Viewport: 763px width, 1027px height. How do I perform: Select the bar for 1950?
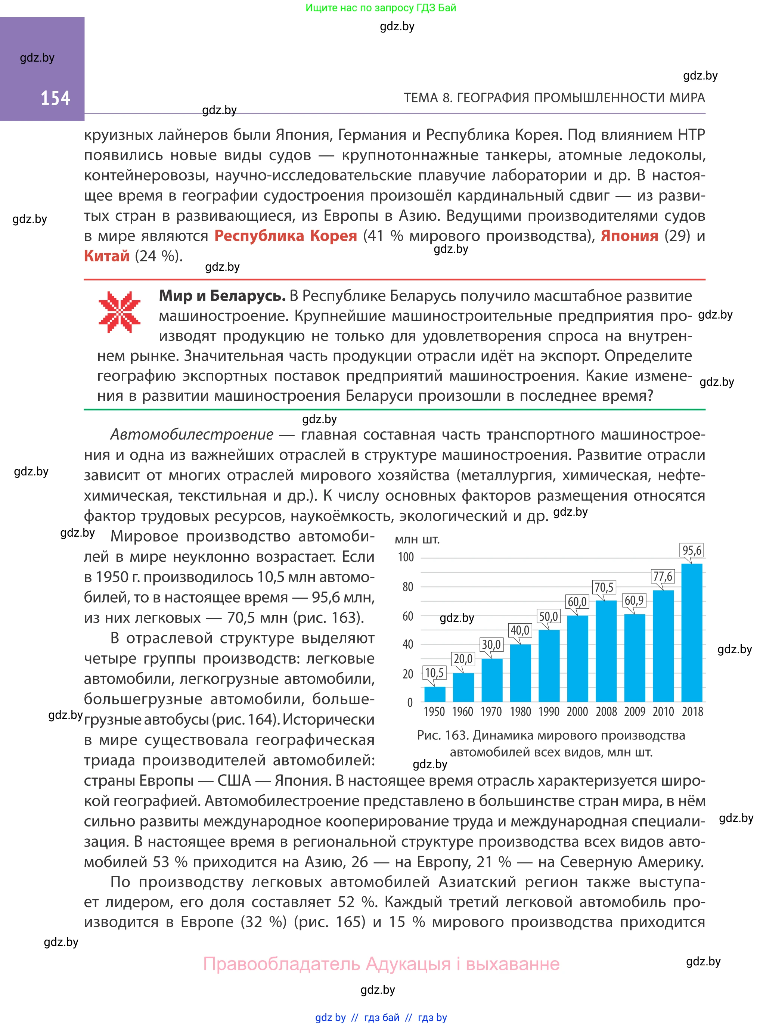click(x=435, y=694)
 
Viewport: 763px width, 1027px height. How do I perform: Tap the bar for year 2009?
click(x=635, y=658)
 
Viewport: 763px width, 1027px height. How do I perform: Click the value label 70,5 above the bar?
click(x=604, y=588)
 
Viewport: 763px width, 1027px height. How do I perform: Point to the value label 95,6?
click(x=691, y=550)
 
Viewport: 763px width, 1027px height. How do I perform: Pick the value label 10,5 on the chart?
click(x=434, y=673)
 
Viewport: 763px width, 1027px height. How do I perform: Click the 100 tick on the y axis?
click(x=406, y=557)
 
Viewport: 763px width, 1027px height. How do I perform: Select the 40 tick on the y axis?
click(x=408, y=645)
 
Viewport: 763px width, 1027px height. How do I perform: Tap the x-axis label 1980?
click(x=520, y=711)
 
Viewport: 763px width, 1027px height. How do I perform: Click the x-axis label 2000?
click(x=577, y=711)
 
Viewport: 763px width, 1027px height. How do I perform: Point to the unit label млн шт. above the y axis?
click(x=417, y=539)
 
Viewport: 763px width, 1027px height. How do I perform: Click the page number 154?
click(x=55, y=98)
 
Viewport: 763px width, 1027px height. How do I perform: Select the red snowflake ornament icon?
click(x=119, y=312)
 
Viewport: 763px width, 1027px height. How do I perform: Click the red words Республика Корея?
click(x=285, y=236)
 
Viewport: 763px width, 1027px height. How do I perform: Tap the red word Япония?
click(x=629, y=236)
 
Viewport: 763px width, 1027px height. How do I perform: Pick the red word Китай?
click(x=107, y=256)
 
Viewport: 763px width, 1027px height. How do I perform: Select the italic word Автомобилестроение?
click(x=192, y=435)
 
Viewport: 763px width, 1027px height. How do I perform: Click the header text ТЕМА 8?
click(x=427, y=98)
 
